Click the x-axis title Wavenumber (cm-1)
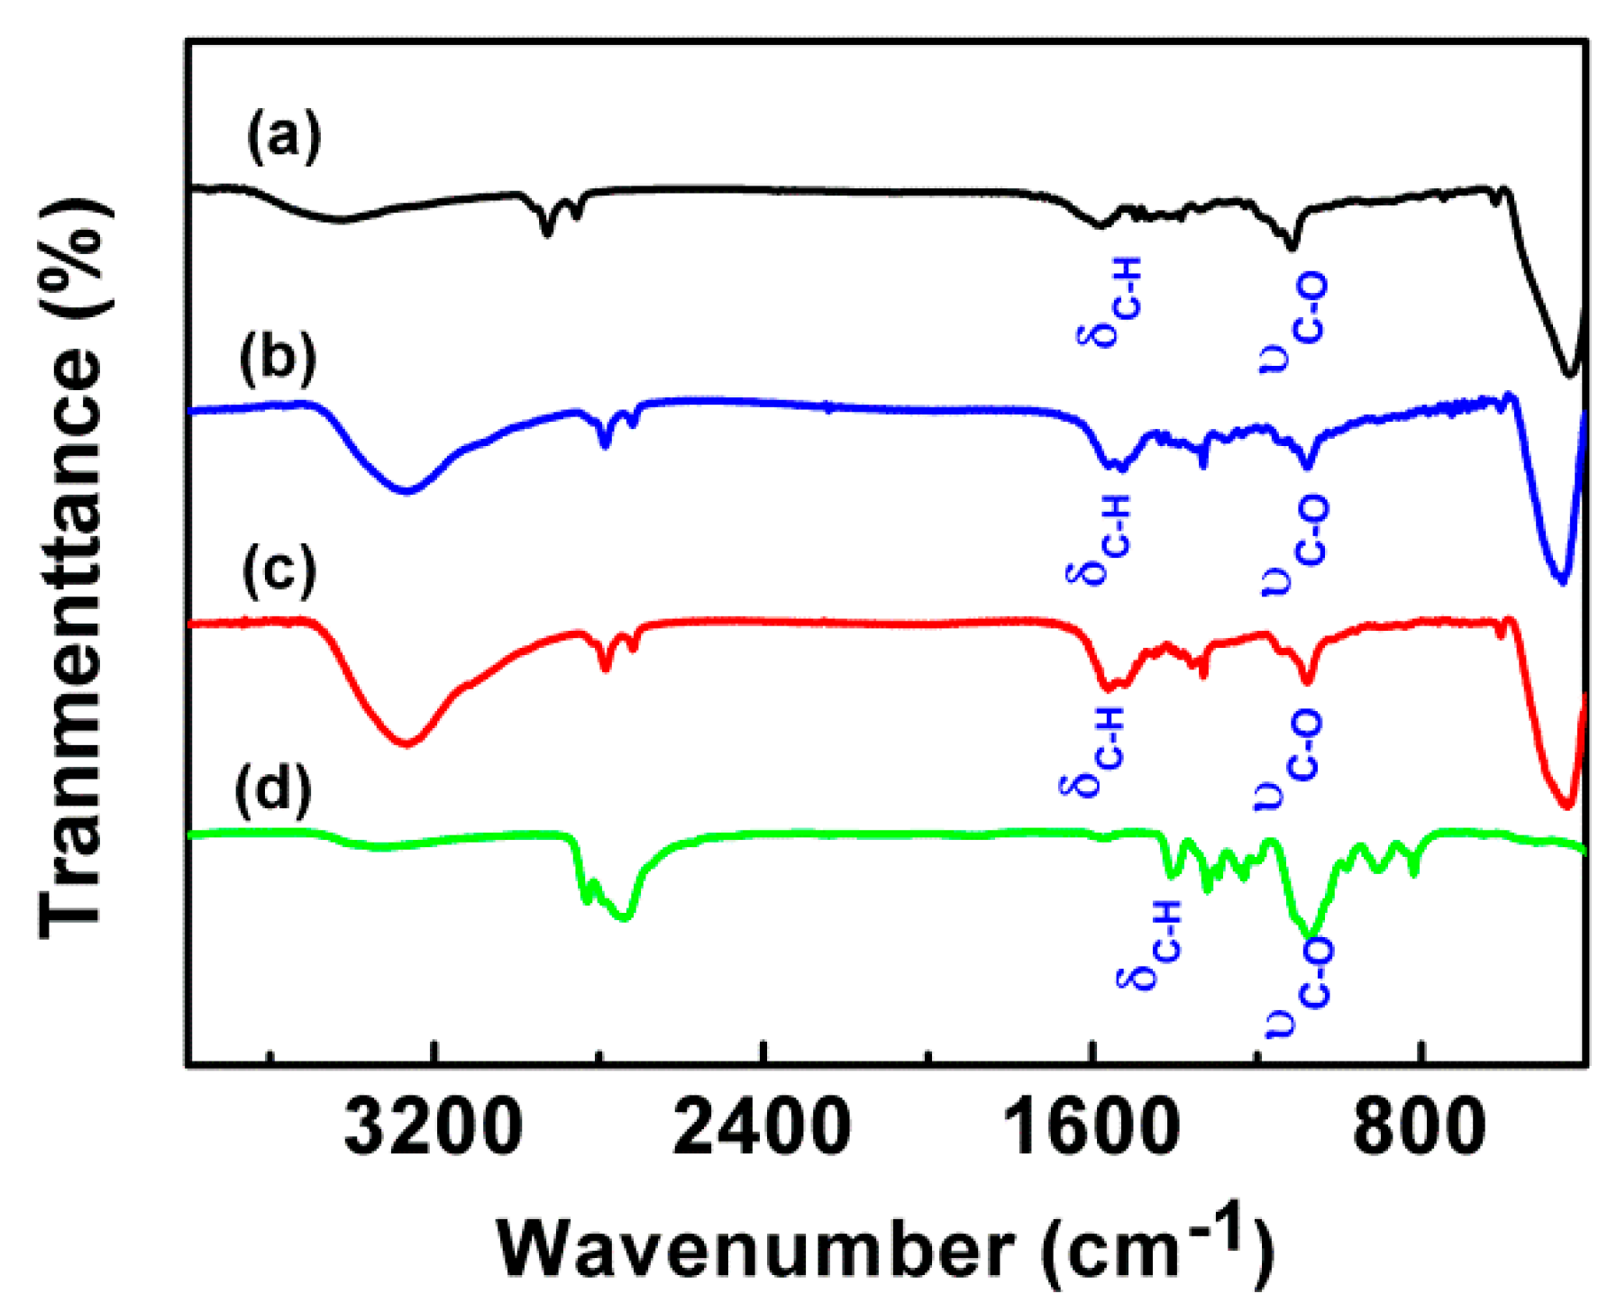pos(885,1248)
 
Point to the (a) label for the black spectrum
pos(284,137)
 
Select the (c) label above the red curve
pos(279,570)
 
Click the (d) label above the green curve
pos(273,789)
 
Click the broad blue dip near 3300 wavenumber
pos(407,490)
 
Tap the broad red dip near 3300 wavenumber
pos(407,743)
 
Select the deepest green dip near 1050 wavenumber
pos(1311,933)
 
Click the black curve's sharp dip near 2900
pos(546,232)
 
